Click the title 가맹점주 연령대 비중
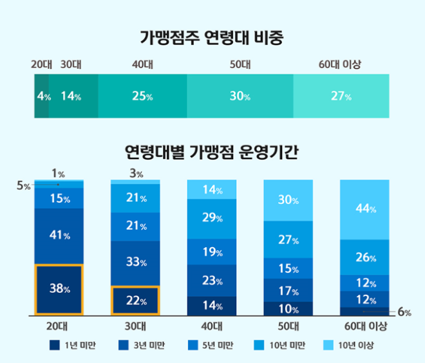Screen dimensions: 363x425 [x=212, y=37]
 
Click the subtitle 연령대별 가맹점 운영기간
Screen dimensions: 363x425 [x=212, y=153]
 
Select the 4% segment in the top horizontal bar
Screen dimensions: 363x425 [x=41, y=97]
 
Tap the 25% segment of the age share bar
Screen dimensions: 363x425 [x=142, y=97]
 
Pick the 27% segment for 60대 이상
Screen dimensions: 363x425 [x=341, y=97]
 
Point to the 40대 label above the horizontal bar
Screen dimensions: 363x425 [x=142, y=64]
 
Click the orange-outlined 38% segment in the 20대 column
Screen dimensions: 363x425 [x=59, y=290]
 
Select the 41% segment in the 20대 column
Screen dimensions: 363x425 [x=59, y=236]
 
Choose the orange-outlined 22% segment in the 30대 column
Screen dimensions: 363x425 [x=135, y=301]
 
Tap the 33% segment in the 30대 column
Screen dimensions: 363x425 [x=135, y=263]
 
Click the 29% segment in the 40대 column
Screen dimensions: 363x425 [x=212, y=218]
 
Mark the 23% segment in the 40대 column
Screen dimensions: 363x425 [x=212, y=281]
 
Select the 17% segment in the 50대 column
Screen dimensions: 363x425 [x=288, y=290]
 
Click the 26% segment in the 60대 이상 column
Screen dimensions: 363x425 [x=364, y=257]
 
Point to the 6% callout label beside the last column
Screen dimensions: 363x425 [x=404, y=313]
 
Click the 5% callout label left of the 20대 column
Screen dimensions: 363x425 [x=23, y=185]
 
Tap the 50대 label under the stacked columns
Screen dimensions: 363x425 [x=288, y=326]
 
